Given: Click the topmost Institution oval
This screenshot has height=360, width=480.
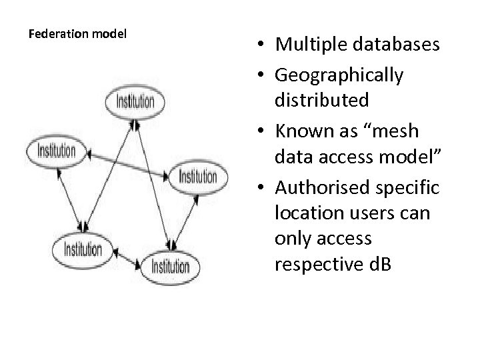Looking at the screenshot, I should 135,102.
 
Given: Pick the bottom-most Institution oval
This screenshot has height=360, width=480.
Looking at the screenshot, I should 171,267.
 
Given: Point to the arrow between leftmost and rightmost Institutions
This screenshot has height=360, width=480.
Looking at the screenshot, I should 127,163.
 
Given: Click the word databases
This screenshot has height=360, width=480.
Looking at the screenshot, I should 400,45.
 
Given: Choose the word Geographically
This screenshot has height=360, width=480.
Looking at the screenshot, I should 339,75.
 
